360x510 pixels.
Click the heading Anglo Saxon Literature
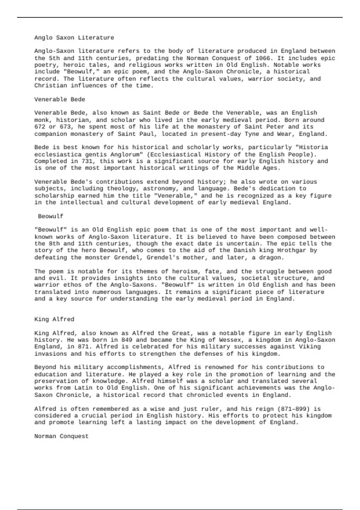[x=74, y=38]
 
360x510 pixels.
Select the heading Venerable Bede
[x=60, y=99]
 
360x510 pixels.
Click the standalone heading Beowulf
[x=51, y=216]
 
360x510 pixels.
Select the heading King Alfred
[x=54, y=319]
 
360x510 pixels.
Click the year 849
[x=127, y=340]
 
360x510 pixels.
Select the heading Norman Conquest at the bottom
[x=61, y=436]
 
